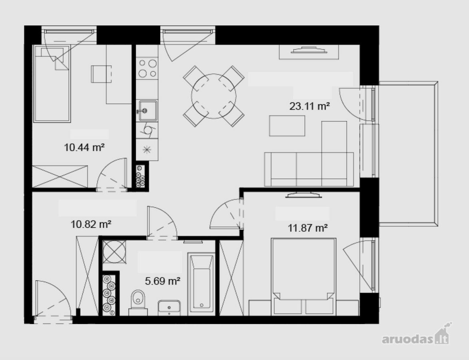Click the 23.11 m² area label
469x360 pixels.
(x=309, y=106)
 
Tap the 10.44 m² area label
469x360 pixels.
(x=84, y=147)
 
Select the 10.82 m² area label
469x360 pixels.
(x=91, y=224)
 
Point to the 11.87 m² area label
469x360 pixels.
(x=307, y=228)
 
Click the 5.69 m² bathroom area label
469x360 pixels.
(x=162, y=281)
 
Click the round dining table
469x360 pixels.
(x=214, y=96)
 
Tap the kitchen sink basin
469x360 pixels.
(x=147, y=110)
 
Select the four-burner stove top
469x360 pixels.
(x=147, y=68)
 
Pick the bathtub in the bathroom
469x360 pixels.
(x=201, y=284)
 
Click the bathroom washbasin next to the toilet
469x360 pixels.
(x=169, y=308)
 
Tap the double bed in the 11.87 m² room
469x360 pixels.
(x=303, y=276)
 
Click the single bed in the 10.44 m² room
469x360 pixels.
(x=52, y=84)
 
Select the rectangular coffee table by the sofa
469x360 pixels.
(x=287, y=126)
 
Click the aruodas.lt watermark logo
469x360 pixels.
(x=417, y=334)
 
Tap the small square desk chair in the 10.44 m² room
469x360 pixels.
(x=102, y=74)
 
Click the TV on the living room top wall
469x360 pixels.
(x=309, y=50)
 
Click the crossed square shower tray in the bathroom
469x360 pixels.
(x=114, y=252)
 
